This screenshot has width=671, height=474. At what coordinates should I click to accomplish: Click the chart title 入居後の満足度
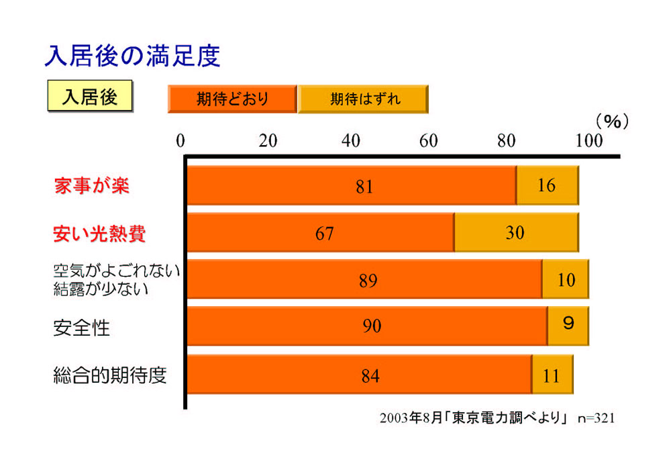click(x=133, y=56)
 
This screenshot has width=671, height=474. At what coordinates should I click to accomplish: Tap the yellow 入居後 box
click(x=90, y=96)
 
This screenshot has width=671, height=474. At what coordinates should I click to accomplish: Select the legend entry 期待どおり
click(x=232, y=99)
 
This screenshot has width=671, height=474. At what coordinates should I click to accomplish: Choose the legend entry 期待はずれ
click(x=363, y=99)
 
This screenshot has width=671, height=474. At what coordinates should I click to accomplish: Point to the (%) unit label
click(x=613, y=122)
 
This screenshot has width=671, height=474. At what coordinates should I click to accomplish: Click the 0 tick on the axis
click(x=180, y=140)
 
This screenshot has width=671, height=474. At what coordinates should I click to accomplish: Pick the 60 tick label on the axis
click(x=428, y=140)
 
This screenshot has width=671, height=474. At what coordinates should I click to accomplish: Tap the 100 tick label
click(x=589, y=140)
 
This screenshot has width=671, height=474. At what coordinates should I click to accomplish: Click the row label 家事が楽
click(x=91, y=186)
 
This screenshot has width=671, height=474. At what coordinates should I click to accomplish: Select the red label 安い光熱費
click(x=99, y=234)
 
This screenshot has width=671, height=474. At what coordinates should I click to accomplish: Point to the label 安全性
click(x=81, y=328)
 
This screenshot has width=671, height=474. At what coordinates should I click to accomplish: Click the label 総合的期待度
click(x=110, y=375)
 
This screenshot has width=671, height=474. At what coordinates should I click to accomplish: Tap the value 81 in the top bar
click(x=364, y=187)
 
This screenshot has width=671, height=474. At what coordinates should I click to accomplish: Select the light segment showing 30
click(x=517, y=232)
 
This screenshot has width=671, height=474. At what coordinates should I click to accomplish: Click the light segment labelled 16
click(x=548, y=185)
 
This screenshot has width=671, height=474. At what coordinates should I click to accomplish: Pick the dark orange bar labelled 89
click(x=364, y=279)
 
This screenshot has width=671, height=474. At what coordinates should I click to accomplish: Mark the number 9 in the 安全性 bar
click(x=568, y=323)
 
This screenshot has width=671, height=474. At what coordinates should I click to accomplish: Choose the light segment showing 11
click(x=552, y=374)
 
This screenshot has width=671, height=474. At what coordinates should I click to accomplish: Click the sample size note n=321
click(x=596, y=418)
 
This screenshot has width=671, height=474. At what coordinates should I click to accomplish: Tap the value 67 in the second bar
click(x=324, y=234)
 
